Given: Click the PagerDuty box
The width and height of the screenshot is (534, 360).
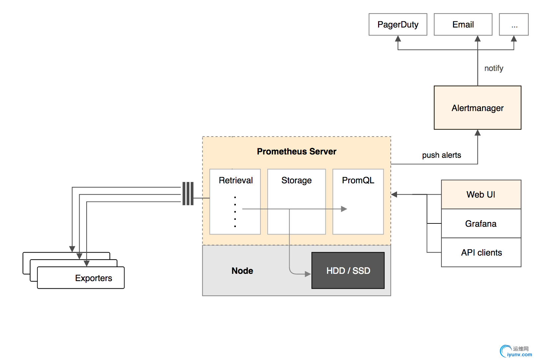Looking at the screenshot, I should point(398,25).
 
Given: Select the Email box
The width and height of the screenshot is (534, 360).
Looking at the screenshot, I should point(463,25).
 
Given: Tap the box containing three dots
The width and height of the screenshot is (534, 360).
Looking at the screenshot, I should point(514,25).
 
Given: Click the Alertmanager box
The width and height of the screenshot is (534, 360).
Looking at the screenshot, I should point(477,108).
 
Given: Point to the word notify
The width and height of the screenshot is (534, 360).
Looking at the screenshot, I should point(494,68).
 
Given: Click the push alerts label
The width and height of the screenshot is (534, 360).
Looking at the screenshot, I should point(441,155).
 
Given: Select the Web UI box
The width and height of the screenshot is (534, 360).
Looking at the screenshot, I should point(481,195).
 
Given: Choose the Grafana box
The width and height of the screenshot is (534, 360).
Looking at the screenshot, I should point(481,224).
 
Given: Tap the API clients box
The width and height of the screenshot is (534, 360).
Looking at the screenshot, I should point(481,253).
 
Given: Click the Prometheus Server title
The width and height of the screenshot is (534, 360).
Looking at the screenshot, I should point(297,151).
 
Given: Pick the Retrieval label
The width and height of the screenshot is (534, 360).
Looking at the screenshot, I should point(235,180).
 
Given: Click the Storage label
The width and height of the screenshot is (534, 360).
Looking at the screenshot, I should point(297,180).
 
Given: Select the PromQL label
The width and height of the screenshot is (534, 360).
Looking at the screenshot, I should point(358,180).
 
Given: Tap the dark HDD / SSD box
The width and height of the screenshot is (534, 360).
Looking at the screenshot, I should point(348,270).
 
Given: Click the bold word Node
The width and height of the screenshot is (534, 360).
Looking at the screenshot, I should point(242,271).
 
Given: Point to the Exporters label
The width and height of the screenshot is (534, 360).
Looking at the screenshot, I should point(94,278).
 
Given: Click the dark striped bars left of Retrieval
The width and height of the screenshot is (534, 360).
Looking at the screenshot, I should point(188,194).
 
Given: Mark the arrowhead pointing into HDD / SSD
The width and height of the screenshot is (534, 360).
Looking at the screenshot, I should point(308,274).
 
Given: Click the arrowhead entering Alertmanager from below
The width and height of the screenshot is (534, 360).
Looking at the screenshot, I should point(478,133).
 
